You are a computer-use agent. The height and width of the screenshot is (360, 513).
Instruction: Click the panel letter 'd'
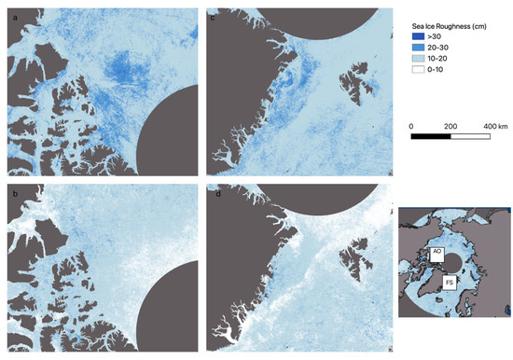click(214, 192)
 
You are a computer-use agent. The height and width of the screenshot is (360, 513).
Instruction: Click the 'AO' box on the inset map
click(437, 252)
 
